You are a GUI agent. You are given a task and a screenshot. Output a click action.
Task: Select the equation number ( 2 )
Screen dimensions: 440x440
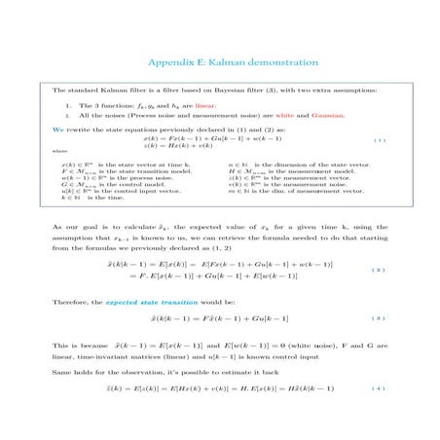pyautogui.click(x=379, y=270)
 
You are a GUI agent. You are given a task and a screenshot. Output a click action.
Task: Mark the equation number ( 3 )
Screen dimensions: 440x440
pyautogui.click(x=379, y=318)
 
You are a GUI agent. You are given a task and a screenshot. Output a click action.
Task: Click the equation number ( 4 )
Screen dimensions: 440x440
pyautogui.click(x=379, y=388)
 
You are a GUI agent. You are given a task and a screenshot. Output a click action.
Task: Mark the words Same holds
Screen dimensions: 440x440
pyautogui.click(x=74, y=371)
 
